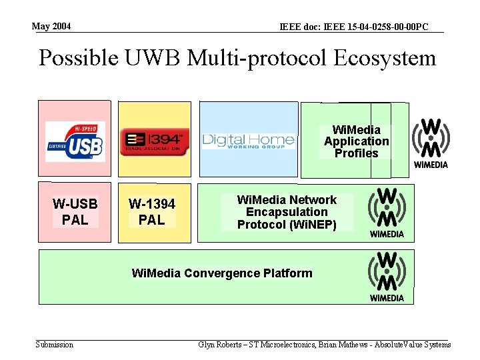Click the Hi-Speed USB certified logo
pos(74,141)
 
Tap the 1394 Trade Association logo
pos(155,141)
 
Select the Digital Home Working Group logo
pos(248,141)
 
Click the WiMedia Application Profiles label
pos(356,141)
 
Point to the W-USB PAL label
pos(75,211)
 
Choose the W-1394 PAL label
pos(152,211)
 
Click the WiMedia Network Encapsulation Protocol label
pos(287,211)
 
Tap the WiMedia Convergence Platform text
pos(222,273)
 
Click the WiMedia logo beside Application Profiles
pos(431,143)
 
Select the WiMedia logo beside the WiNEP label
pos(387,212)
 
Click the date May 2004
pos(51,27)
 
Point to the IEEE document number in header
pos(353,27)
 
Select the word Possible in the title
pos(78,58)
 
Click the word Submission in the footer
pos(54,344)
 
